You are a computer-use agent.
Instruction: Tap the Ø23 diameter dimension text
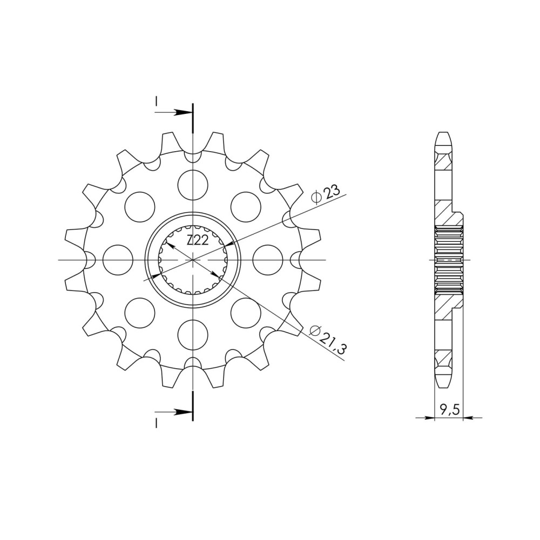click(x=326, y=195)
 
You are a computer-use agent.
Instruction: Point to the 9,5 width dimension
click(x=449, y=410)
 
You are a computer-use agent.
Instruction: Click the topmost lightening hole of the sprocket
click(x=193, y=184)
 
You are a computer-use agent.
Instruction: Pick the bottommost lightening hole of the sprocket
click(x=193, y=335)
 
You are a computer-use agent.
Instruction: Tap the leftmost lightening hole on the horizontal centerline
click(x=118, y=260)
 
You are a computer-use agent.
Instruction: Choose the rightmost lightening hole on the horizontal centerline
click(x=268, y=260)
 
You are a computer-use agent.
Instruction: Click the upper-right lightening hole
click(x=246, y=207)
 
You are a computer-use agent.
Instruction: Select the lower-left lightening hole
click(x=140, y=313)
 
